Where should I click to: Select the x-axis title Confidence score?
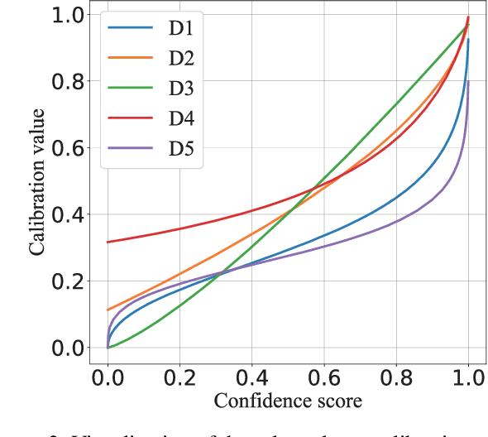click(287, 402)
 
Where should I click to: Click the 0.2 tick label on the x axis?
click(179, 376)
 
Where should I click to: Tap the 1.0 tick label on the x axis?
click(468, 376)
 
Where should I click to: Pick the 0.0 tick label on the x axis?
click(108, 376)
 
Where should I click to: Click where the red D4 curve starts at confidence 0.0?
click(108, 242)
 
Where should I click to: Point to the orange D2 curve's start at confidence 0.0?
click(108, 310)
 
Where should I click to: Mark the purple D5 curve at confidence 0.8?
click(396, 222)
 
